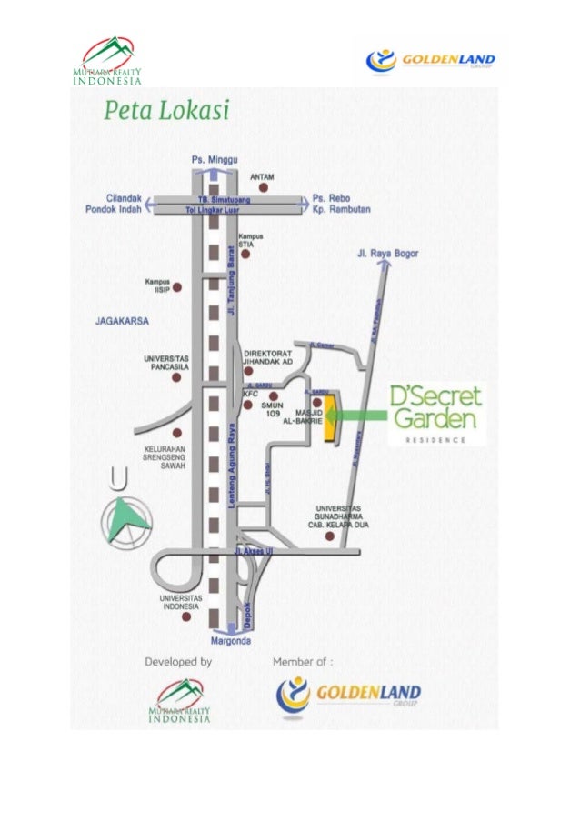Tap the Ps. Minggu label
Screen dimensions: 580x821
[210, 158]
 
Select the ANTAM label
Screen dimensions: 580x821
[262, 176]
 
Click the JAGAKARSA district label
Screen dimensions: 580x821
[121, 321]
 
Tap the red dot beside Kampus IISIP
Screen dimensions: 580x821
[177, 287]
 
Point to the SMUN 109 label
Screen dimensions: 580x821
[273, 409]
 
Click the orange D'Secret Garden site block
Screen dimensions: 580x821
[330, 418]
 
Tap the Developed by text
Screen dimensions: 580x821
[178, 662]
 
